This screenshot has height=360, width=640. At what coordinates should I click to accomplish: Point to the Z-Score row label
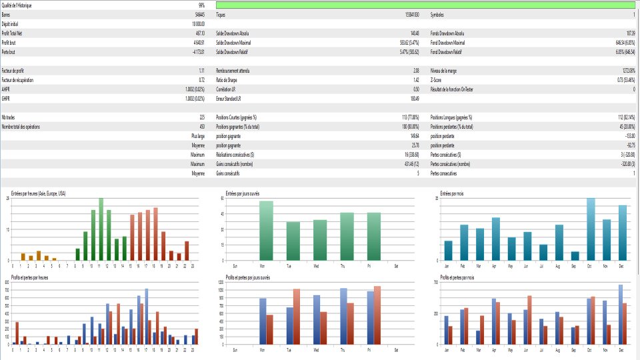[438, 79]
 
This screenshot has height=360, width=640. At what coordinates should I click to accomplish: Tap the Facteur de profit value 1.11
[201, 70]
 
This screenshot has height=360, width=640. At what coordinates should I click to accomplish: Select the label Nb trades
[9, 117]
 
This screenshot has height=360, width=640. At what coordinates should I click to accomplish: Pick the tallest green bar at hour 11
[101, 229]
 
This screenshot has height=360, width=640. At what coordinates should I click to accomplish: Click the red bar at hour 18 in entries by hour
[155, 234]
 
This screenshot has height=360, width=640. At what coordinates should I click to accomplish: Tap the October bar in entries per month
[591, 229]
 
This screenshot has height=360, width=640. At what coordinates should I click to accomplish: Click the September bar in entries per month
[575, 256]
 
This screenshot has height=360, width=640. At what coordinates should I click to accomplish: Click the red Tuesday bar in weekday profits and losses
[297, 317]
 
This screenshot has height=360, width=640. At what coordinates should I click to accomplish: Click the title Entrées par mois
[452, 193]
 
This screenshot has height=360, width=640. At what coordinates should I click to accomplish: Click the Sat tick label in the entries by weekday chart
[397, 265]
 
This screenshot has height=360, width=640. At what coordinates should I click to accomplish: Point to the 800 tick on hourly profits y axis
[7, 283]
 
